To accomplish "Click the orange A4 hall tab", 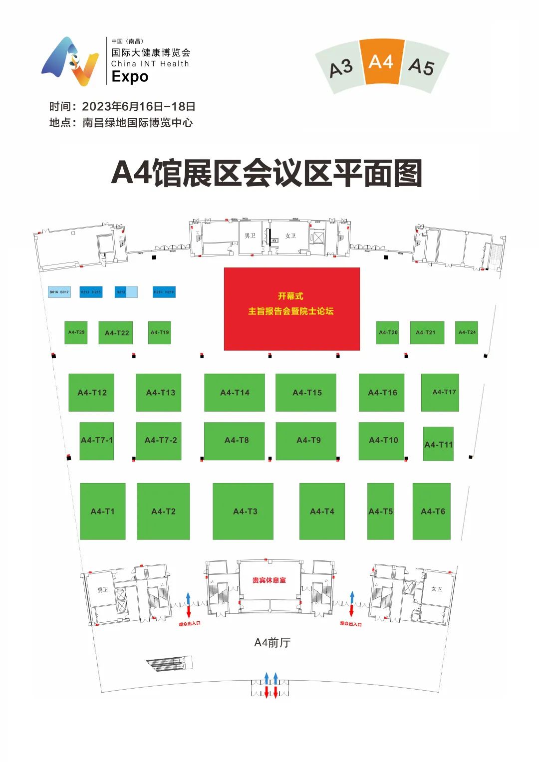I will [x=382, y=62].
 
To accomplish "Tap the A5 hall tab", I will [x=422, y=67].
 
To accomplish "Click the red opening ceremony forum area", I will [x=291, y=309].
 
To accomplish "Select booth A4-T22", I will [x=116, y=333].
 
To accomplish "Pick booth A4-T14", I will [x=235, y=393].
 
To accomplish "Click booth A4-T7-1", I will [x=97, y=441].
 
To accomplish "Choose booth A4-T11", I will [x=438, y=444].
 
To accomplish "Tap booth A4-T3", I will [x=243, y=511].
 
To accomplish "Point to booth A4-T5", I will [x=380, y=511].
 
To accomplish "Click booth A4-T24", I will [x=467, y=332].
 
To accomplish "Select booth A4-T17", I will [x=440, y=393].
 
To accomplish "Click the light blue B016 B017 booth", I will [x=59, y=292].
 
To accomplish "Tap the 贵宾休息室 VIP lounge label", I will [x=269, y=580].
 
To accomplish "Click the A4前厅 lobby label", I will [x=272, y=643].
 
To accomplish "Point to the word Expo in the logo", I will [x=130, y=77].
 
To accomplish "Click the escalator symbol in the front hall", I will [x=169, y=663].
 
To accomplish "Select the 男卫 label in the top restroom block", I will [x=250, y=236].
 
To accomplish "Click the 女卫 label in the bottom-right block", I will [x=437, y=589].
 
